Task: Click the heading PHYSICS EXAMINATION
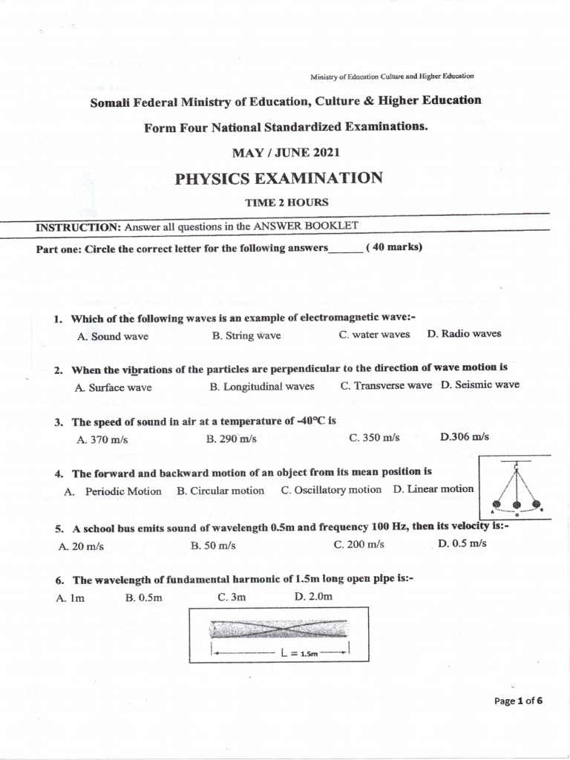coord(278,178)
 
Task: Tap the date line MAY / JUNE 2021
coord(286,153)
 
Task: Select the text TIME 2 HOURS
coord(286,202)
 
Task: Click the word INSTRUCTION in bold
coord(78,227)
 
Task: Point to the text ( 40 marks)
coord(394,248)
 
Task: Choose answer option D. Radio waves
coord(464,334)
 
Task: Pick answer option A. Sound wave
coord(112,336)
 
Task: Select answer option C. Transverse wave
coord(386,385)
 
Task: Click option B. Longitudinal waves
coord(262,387)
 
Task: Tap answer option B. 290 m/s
coord(231,439)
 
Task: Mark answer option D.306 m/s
coord(465,436)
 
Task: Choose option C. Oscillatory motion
coord(331,490)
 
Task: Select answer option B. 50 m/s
coord(213,546)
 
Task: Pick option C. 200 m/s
coord(359,544)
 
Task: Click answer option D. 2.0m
coord(313,597)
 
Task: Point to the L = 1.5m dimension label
coord(300,654)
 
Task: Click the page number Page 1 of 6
coord(519,701)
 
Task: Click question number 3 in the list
coord(58,422)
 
